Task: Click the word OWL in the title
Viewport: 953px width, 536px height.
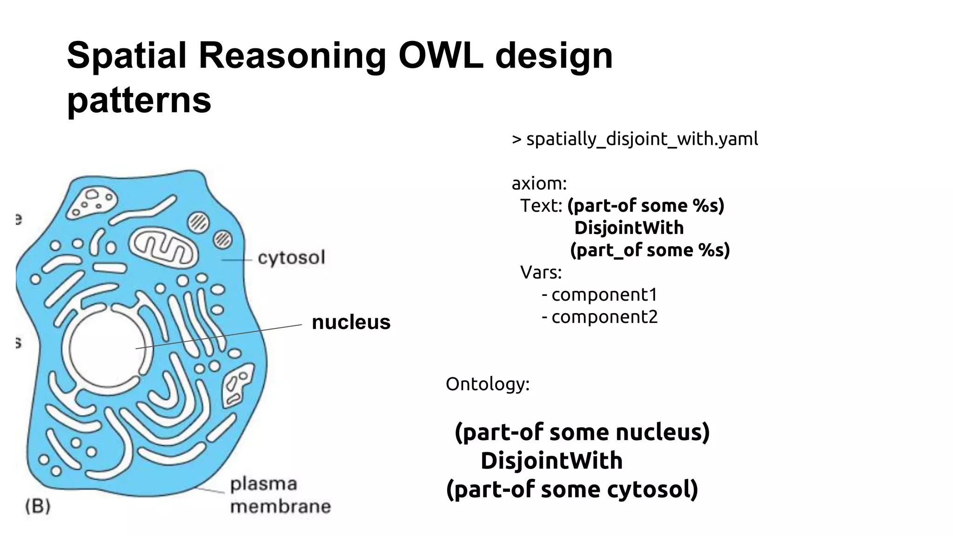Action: click(440, 56)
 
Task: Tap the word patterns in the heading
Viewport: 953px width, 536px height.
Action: click(139, 100)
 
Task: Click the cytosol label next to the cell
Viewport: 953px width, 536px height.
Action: click(291, 258)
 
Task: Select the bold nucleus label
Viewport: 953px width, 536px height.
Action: click(351, 322)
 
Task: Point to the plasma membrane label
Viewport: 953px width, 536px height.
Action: click(280, 495)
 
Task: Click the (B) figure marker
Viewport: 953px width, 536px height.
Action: click(38, 506)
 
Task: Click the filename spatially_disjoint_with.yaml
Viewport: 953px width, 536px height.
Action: click(642, 139)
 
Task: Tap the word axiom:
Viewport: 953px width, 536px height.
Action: click(539, 183)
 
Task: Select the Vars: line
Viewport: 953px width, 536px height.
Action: click(541, 272)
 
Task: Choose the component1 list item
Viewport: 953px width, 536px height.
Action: click(604, 295)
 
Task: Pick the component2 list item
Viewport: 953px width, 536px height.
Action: click(604, 317)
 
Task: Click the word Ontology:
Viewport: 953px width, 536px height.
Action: click(487, 384)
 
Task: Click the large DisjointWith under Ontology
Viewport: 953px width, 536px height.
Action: click(551, 461)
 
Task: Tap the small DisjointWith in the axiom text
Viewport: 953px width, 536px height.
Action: click(629, 228)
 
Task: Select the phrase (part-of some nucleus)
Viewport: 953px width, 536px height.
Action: click(582, 432)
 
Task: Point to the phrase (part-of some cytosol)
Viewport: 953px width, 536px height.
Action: click(572, 489)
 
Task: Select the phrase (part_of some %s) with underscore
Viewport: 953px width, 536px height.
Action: click(650, 250)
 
